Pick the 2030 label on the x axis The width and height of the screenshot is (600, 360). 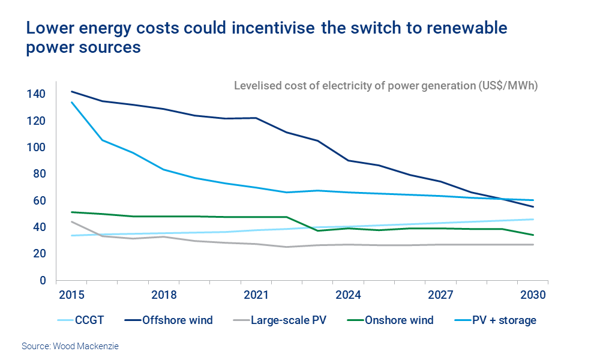pos(533,296)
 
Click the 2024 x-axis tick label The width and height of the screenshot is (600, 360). pos(348,296)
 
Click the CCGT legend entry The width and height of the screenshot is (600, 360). pos(80,320)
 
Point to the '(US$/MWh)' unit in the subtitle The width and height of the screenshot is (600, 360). pos(508,85)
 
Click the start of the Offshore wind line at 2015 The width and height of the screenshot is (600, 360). pos(71,91)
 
